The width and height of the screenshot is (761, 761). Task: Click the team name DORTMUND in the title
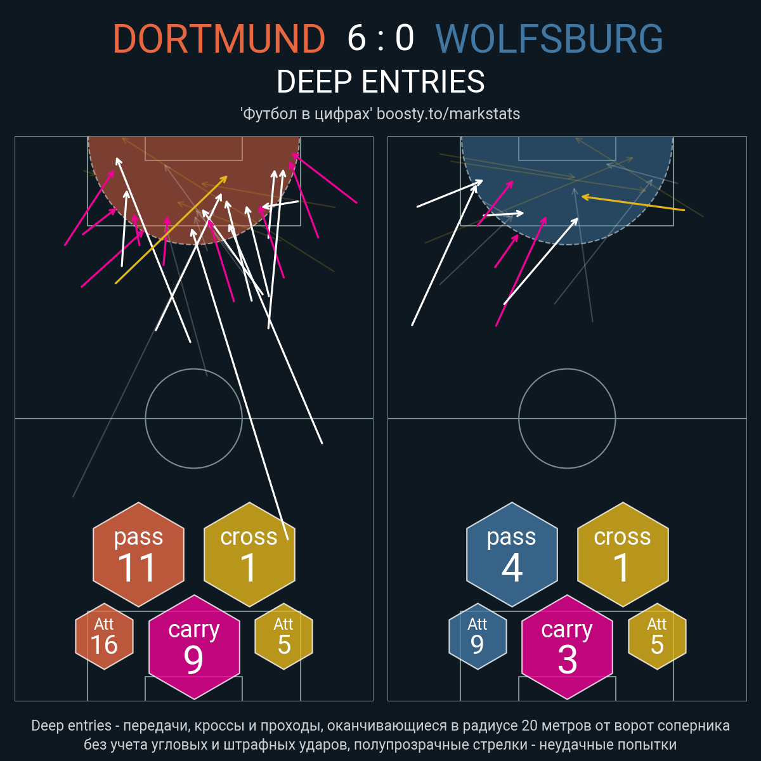tap(219, 39)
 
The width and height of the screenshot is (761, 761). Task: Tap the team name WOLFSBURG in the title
tap(549, 39)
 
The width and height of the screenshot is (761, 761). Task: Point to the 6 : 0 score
tap(380, 38)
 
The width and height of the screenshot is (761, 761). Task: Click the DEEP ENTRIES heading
tap(380, 82)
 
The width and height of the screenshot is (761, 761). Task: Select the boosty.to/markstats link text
tap(448, 114)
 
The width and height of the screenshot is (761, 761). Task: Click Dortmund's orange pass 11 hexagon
tap(139, 554)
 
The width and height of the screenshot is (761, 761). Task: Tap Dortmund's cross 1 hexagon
tap(250, 554)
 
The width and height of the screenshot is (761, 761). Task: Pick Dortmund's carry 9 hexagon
tap(194, 647)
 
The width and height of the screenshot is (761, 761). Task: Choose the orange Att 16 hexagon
tap(104, 636)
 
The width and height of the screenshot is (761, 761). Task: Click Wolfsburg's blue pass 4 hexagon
tap(512, 554)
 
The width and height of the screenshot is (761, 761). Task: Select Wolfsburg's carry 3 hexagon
tap(567, 647)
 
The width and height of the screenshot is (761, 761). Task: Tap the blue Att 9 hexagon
tap(478, 636)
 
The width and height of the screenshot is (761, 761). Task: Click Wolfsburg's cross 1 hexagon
tap(623, 554)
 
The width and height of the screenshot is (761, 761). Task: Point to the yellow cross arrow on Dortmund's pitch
tap(171, 230)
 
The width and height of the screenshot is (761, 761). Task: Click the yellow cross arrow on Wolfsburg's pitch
tap(633, 203)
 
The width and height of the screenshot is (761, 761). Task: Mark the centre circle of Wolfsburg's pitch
tap(567, 369)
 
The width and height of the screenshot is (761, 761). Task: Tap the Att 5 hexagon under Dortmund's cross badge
tap(284, 636)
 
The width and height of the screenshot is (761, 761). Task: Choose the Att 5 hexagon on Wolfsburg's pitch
tap(657, 636)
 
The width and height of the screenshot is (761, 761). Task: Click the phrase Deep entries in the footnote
tap(72, 725)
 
